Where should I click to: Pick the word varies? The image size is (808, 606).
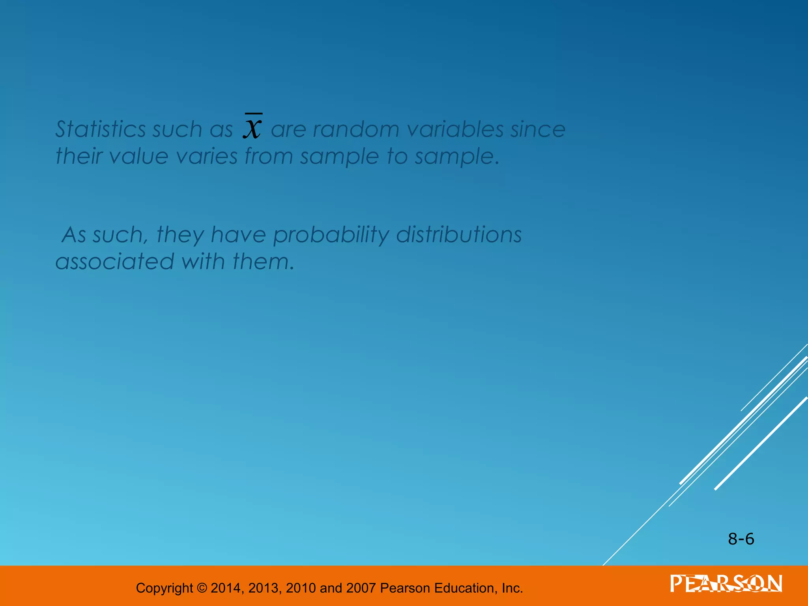click(x=207, y=156)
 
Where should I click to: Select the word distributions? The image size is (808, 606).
click(x=459, y=235)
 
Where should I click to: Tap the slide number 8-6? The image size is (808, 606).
click(x=741, y=539)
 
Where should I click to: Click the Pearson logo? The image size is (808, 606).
click(x=726, y=584)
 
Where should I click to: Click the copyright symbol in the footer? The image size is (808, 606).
click(x=202, y=588)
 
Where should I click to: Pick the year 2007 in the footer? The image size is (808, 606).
click(x=361, y=588)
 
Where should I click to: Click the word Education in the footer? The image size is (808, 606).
click(x=465, y=588)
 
